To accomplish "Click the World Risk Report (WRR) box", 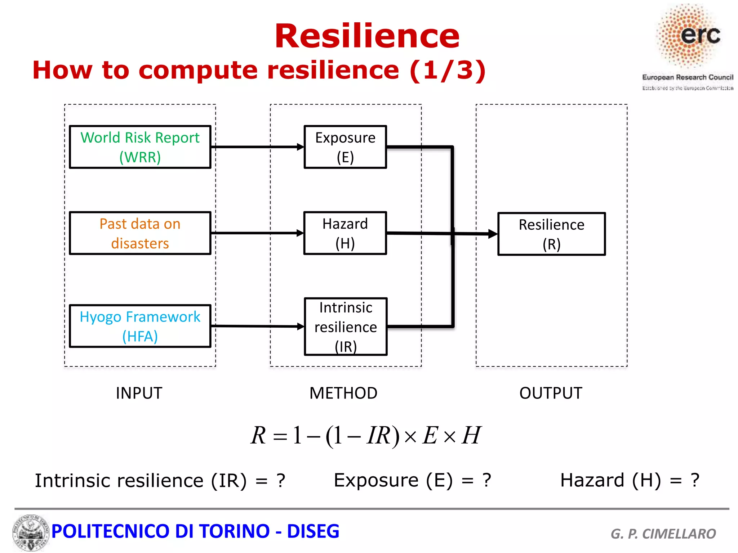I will pyautogui.click(x=140, y=147).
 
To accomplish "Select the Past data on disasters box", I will pyautogui.click(x=140, y=233).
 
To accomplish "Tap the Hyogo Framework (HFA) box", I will pyautogui.click(x=140, y=326).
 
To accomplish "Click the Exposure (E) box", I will pyautogui.click(x=345, y=147).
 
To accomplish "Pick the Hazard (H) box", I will pyautogui.click(x=345, y=233).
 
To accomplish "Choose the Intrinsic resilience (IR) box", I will pyautogui.click(x=346, y=327).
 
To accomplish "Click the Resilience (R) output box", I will pyautogui.click(x=551, y=234).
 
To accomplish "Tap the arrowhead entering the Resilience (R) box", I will pyautogui.click(x=493, y=234).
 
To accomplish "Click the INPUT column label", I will pyautogui.click(x=139, y=393).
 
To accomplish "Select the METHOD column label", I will pyautogui.click(x=343, y=393).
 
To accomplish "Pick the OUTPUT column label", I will pyautogui.click(x=551, y=393).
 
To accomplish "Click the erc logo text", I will pyautogui.click(x=700, y=35).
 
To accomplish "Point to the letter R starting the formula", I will pyautogui.click(x=258, y=435).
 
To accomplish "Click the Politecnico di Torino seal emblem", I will pyautogui.click(x=31, y=532).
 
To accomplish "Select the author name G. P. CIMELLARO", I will pyautogui.click(x=663, y=534).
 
